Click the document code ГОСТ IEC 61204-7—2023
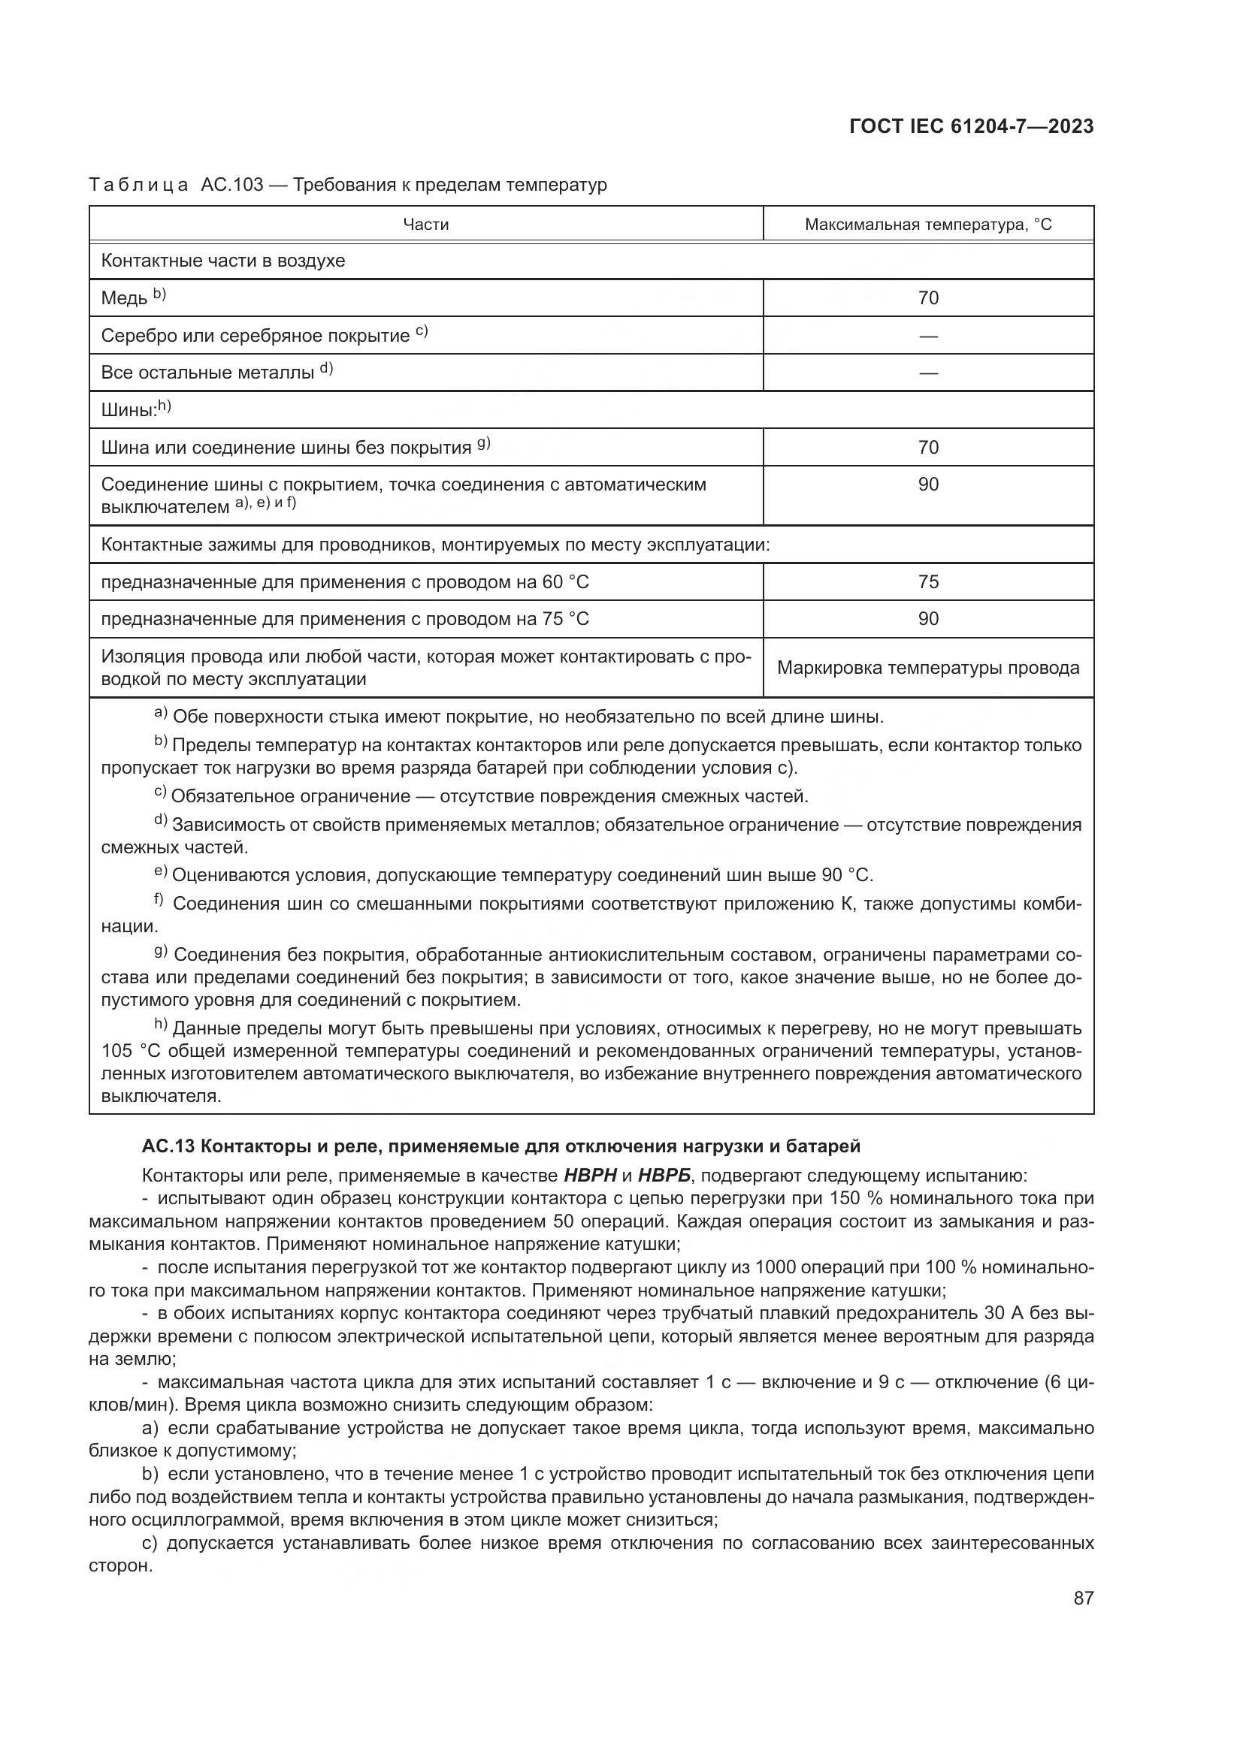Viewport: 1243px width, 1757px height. (x=970, y=127)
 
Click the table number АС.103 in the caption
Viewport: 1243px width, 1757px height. (x=232, y=185)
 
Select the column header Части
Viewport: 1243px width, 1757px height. (x=425, y=224)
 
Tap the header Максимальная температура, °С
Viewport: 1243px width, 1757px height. (x=927, y=224)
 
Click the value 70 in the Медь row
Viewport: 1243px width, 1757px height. (x=927, y=297)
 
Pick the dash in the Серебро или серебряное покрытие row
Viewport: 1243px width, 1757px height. (x=927, y=336)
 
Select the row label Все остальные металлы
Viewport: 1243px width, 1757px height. (x=207, y=373)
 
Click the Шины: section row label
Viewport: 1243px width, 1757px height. (x=129, y=410)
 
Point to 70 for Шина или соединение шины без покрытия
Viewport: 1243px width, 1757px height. (x=927, y=447)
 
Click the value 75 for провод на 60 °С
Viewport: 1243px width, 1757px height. (x=927, y=581)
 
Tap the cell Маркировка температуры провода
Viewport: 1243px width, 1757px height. (x=927, y=667)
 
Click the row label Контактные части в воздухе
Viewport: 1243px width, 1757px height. (x=222, y=261)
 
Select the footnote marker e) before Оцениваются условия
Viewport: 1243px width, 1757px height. (x=161, y=871)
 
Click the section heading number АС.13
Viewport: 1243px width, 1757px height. (x=167, y=1146)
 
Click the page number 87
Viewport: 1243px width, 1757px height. (x=1083, y=1598)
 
